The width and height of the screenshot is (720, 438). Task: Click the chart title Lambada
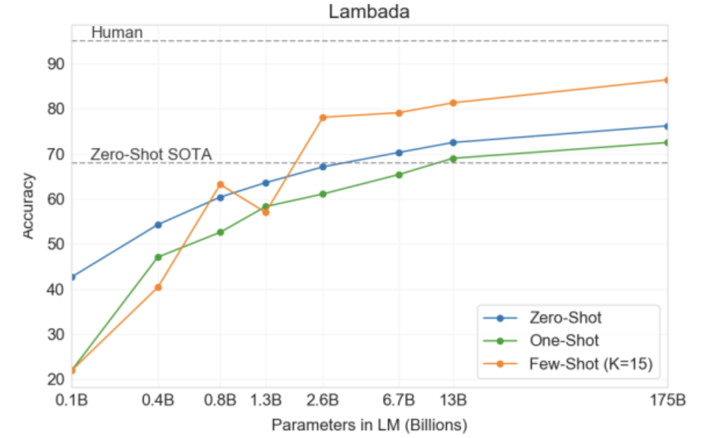click(x=369, y=12)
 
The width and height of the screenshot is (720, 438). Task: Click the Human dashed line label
click(x=117, y=33)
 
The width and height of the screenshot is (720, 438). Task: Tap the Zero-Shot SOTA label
click(x=151, y=155)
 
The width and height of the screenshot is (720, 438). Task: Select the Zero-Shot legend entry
click(x=565, y=318)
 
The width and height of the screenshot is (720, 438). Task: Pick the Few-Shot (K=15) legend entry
click(x=591, y=364)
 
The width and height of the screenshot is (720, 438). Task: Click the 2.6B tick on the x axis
click(x=323, y=400)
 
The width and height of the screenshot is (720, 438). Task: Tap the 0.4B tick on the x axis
click(x=158, y=400)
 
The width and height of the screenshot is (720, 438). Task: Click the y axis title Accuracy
click(x=28, y=205)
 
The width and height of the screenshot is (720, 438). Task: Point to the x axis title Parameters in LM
click(x=369, y=425)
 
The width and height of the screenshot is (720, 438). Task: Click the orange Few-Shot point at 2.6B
click(x=323, y=117)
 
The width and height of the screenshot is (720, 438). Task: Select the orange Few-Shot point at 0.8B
click(x=220, y=185)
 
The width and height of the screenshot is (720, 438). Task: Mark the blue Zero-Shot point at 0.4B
click(x=158, y=225)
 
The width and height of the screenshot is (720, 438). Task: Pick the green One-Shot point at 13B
click(x=453, y=159)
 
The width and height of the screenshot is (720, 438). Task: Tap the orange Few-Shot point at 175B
click(x=667, y=80)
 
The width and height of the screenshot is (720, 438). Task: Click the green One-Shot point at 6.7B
click(x=399, y=174)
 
